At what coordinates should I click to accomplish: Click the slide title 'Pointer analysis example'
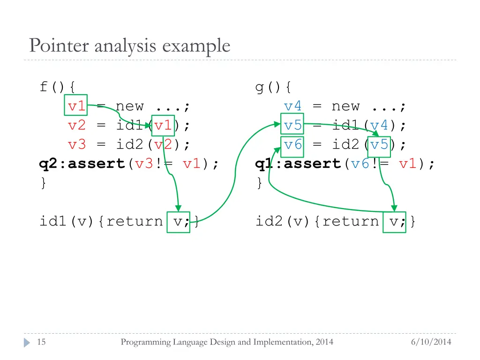(x=129, y=46)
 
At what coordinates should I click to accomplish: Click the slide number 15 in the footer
(x=41, y=342)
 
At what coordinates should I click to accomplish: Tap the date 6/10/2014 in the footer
(x=431, y=342)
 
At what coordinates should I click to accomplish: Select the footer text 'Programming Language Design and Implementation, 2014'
(x=227, y=342)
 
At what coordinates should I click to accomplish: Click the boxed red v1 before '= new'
(x=76, y=106)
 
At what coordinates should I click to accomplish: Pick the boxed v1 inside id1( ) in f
(x=163, y=125)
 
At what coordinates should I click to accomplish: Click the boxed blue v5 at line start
(x=292, y=125)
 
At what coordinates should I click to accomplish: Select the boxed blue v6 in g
(x=292, y=144)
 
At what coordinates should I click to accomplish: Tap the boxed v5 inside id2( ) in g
(x=379, y=144)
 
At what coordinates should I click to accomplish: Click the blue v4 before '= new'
(x=293, y=106)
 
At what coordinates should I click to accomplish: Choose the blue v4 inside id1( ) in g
(x=379, y=125)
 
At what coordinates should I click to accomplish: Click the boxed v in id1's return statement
(x=179, y=222)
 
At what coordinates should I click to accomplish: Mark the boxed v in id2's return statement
(x=394, y=222)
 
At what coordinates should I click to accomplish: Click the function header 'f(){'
(x=58, y=87)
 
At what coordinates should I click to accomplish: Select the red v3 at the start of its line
(x=77, y=144)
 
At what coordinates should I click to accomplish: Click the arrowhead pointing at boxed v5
(x=276, y=125)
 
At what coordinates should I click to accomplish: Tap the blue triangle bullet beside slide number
(x=27, y=342)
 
